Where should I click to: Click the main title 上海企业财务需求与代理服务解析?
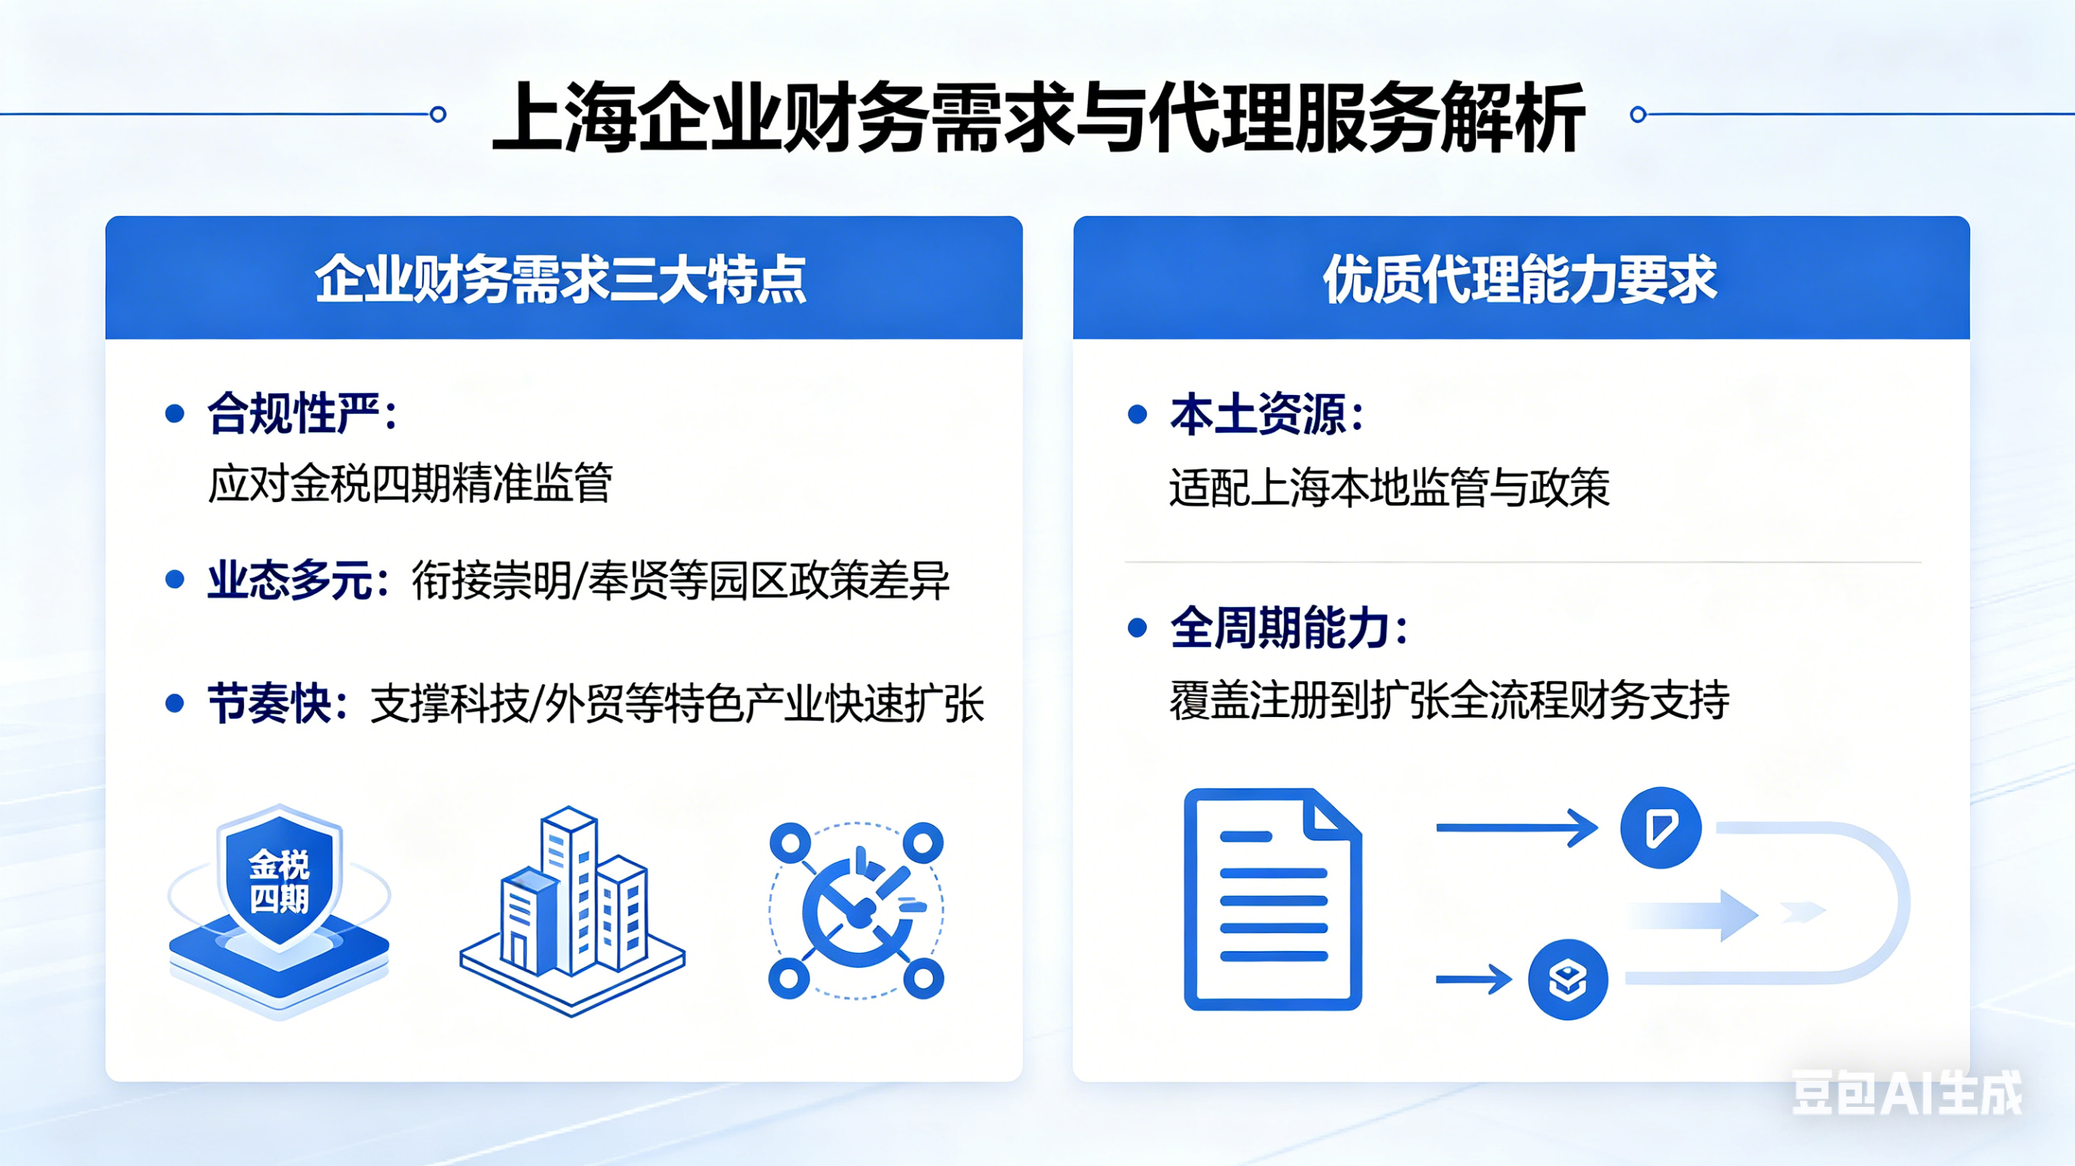click(x=1037, y=118)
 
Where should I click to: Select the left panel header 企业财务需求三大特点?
click(x=561, y=280)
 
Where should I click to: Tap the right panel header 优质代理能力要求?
click(x=1520, y=280)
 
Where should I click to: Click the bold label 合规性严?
click(x=294, y=414)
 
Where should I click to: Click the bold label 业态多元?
click(x=290, y=580)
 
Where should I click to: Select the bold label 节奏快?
click(x=270, y=704)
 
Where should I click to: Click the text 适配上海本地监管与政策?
click(x=1389, y=487)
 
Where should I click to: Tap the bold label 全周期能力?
click(x=1279, y=628)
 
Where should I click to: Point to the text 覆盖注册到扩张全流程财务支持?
click(x=1448, y=700)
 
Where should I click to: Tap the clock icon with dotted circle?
click(x=857, y=911)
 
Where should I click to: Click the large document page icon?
click(x=1272, y=899)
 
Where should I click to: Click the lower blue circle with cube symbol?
click(x=1567, y=979)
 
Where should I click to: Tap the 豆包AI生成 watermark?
click(x=1906, y=1093)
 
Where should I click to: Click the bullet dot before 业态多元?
click(x=174, y=580)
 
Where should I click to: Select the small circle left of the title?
click(x=439, y=115)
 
